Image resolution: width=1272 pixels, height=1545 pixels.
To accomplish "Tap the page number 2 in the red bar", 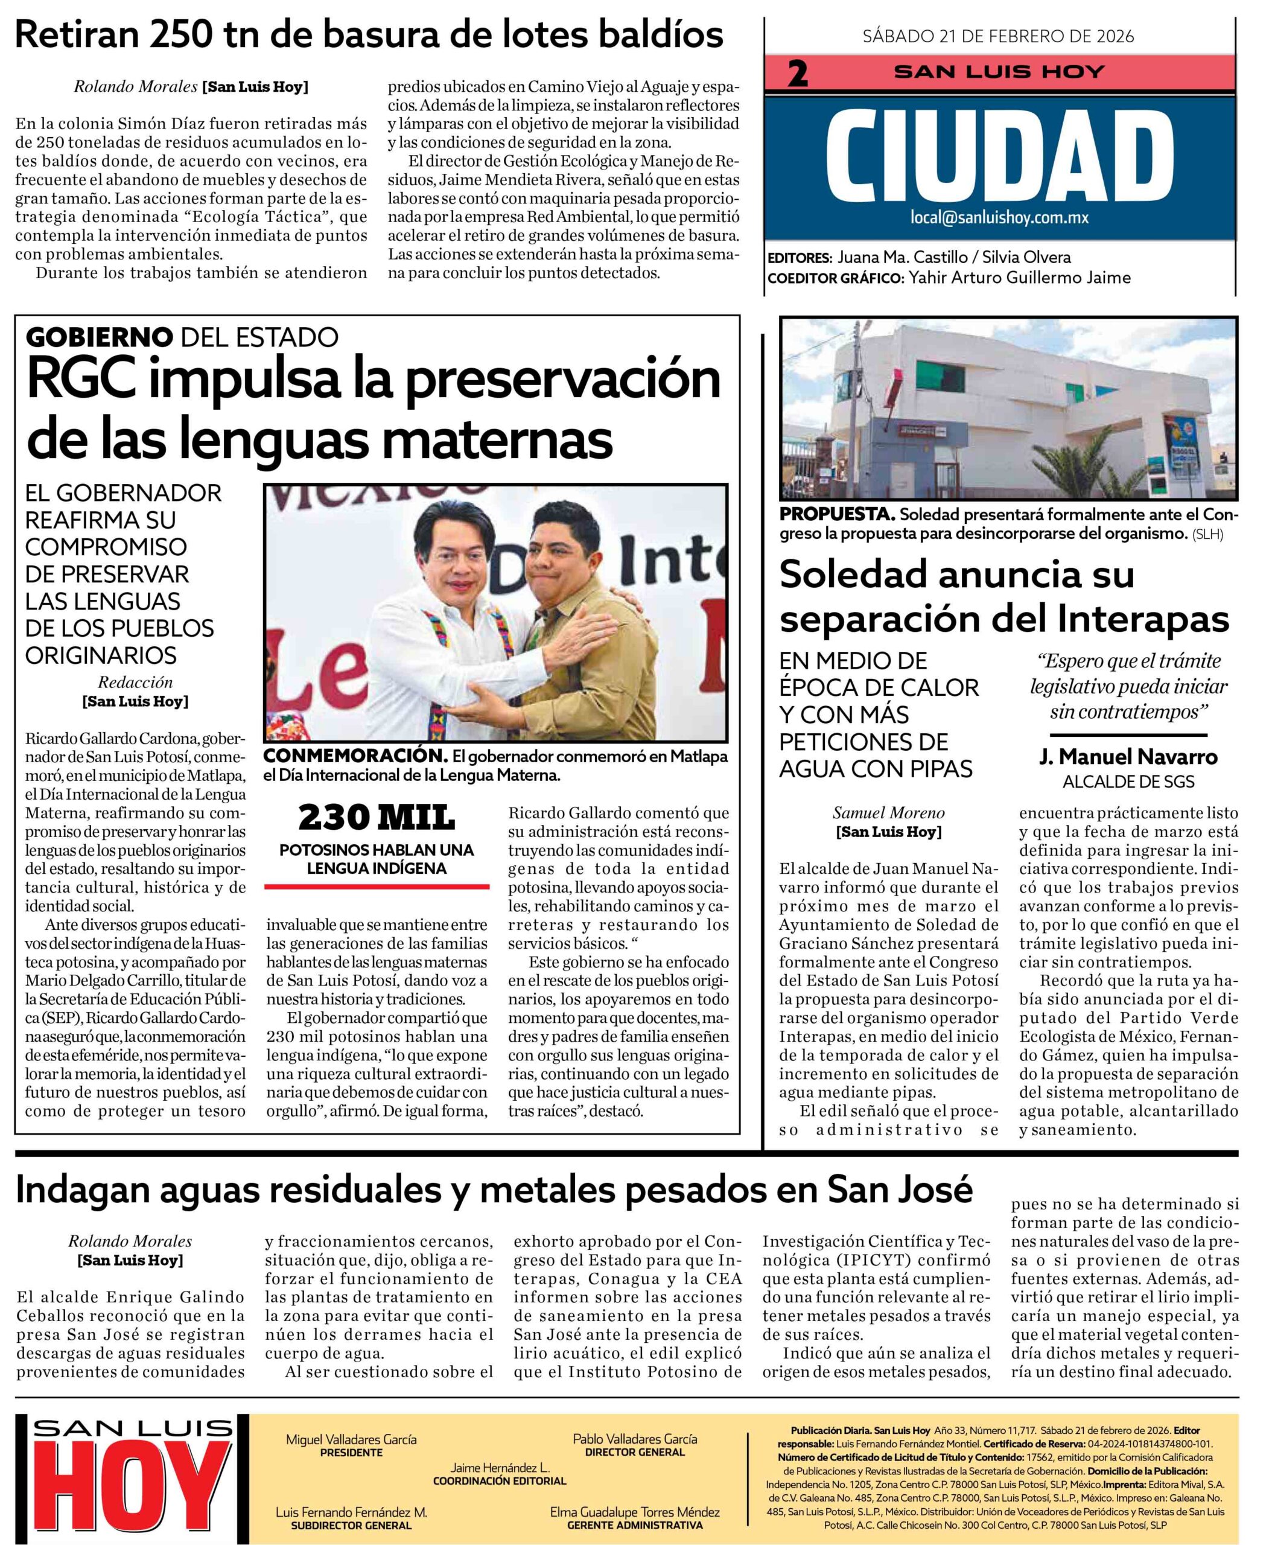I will pyautogui.click(x=797, y=73).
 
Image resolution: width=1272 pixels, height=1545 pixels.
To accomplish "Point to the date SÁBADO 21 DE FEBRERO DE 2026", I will pyautogui.click(x=998, y=36).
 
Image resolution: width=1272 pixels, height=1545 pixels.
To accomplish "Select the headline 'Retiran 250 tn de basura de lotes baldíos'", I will pyautogui.click(x=369, y=34).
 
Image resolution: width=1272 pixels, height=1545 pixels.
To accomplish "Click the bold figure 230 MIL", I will pyautogui.click(x=376, y=817).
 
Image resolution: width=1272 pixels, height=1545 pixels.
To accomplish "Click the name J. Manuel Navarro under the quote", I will pyautogui.click(x=1128, y=756).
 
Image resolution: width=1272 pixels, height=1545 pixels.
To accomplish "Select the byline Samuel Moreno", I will pyautogui.click(x=888, y=813).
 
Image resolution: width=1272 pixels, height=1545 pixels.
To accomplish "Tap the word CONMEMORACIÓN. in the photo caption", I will pyautogui.click(x=355, y=756).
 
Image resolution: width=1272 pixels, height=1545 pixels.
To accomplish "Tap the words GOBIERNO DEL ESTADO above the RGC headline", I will pyautogui.click(x=182, y=337).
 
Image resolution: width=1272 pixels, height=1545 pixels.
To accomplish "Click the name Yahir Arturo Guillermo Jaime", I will pyautogui.click(x=1019, y=278).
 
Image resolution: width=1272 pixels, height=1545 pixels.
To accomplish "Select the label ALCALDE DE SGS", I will pyautogui.click(x=1128, y=782).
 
